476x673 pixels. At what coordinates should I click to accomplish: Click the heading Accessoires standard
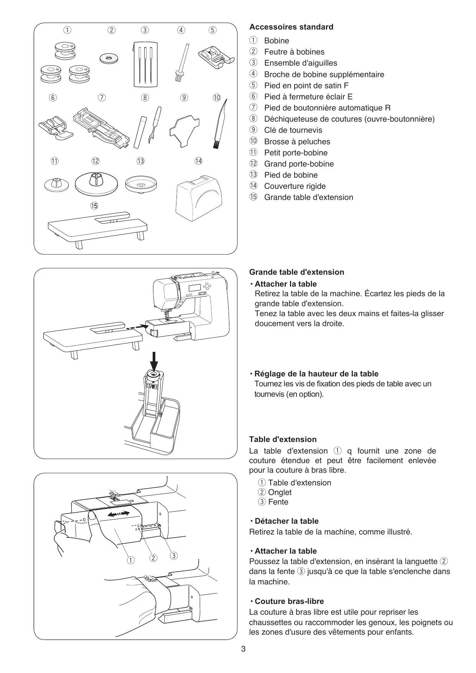[x=291, y=27]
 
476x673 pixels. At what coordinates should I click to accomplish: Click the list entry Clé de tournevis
[x=293, y=130]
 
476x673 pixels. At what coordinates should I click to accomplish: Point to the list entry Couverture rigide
[x=295, y=186]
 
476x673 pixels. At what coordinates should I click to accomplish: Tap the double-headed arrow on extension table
[x=119, y=514]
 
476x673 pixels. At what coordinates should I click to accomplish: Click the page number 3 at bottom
[x=243, y=649]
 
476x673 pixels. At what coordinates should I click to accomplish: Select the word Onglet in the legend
[x=280, y=492]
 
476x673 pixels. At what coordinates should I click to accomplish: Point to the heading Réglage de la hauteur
[x=316, y=374]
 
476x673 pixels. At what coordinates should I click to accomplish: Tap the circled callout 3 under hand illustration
[x=174, y=556]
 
